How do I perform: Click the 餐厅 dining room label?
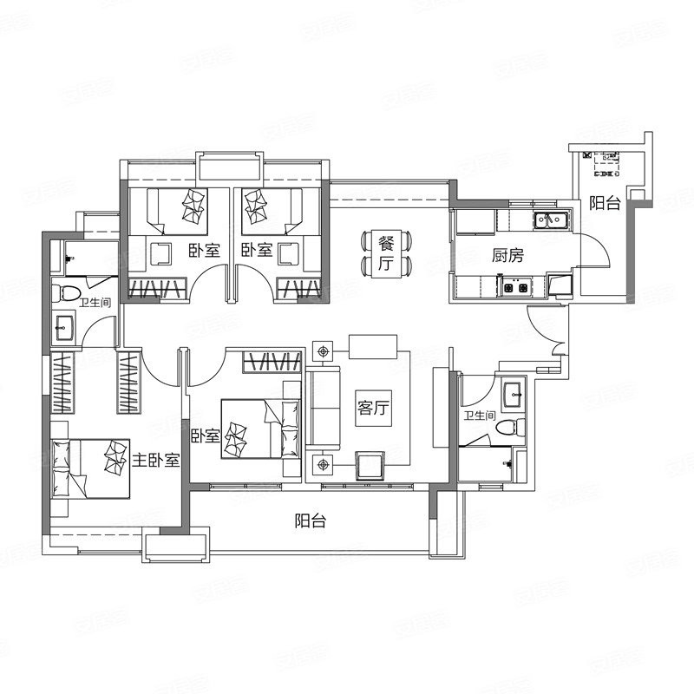(x=386, y=253)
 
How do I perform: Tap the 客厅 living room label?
(x=374, y=408)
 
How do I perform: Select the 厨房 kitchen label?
(x=507, y=255)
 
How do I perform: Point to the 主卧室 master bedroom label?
(x=156, y=461)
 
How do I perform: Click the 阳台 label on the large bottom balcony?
(x=311, y=520)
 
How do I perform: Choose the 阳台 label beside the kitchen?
(x=605, y=203)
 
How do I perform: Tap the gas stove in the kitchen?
(x=515, y=286)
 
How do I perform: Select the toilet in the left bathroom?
(x=66, y=293)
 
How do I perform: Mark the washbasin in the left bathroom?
(x=65, y=328)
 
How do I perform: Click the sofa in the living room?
(x=324, y=408)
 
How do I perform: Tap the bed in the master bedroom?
(x=91, y=469)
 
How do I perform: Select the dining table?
(x=386, y=253)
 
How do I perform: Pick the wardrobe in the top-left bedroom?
(x=158, y=288)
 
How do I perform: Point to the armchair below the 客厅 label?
(x=370, y=466)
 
